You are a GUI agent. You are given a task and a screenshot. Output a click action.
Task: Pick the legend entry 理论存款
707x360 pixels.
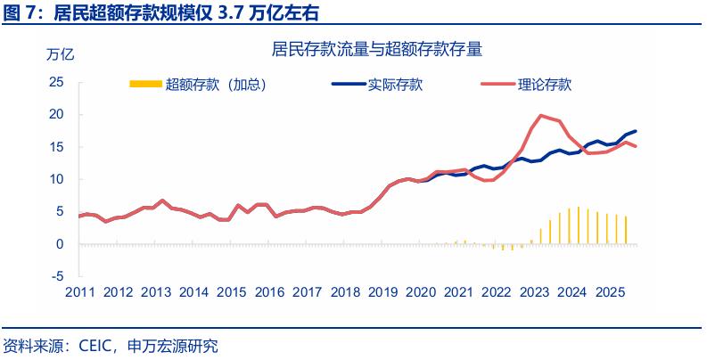point(544,85)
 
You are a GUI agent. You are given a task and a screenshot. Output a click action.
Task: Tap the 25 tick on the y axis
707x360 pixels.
point(56,82)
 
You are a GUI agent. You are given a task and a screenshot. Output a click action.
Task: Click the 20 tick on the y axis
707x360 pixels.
point(56,114)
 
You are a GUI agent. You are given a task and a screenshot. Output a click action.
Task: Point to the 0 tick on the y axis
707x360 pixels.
point(60,243)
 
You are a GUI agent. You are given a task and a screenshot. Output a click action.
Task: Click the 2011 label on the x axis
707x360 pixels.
point(79,292)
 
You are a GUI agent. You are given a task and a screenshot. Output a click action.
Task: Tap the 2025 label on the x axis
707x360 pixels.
point(610,292)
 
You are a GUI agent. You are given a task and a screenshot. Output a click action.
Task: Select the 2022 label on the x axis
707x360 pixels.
point(497,292)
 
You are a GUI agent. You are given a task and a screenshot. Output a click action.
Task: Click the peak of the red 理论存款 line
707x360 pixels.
point(541,116)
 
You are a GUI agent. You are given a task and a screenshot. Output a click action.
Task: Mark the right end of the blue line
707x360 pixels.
point(635,131)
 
